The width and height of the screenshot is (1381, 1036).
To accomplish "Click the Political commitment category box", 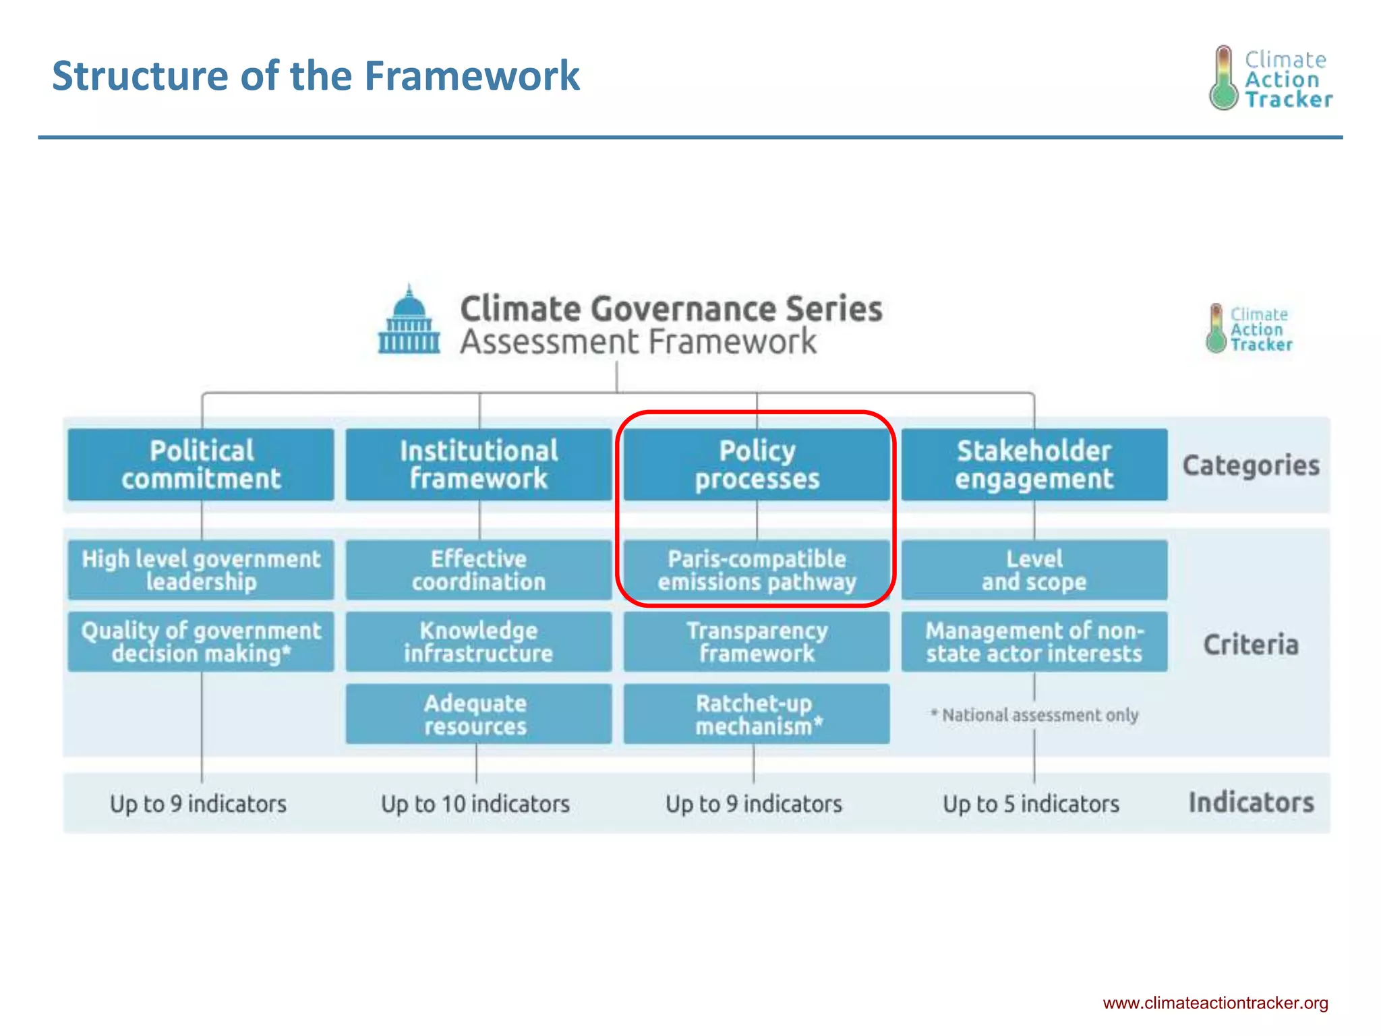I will tap(201, 465).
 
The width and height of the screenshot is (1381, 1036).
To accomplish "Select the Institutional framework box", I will tap(479, 465).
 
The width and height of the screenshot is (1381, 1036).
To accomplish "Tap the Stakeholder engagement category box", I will tap(1034, 465).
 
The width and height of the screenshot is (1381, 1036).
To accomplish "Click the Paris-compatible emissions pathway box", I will tap(757, 570).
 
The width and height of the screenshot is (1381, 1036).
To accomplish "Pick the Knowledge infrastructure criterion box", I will tap(479, 641).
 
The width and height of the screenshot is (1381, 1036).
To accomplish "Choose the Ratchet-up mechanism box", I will tap(757, 714).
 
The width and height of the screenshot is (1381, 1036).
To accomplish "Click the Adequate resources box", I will tap(479, 714).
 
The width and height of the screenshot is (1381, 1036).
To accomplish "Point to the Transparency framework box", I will tap(757, 641).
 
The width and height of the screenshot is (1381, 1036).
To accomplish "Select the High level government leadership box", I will tap(201, 570).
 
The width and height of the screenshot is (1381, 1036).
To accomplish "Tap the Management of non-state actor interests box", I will tap(1034, 641).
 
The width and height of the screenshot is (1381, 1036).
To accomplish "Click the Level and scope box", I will tap(1034, 570).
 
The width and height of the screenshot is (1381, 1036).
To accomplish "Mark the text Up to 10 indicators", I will tap(475, 804).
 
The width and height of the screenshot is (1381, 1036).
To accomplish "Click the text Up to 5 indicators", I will tap(1031, 804).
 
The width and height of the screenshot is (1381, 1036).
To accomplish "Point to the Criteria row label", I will tap(1251, 645).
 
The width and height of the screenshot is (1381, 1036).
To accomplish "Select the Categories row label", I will tap(1251, 465).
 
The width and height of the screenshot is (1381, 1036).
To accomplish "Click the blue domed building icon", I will tap(409, 321).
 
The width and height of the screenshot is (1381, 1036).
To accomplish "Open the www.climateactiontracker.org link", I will tap(1215, 1003).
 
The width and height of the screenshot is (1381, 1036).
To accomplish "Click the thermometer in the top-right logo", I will tap(1223, 78).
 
